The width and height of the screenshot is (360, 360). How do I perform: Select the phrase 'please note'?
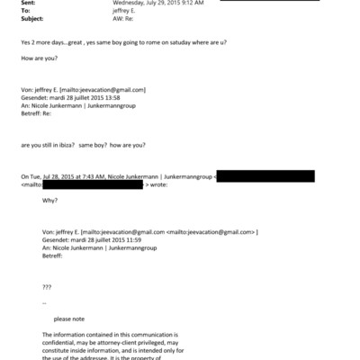[68, 319]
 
